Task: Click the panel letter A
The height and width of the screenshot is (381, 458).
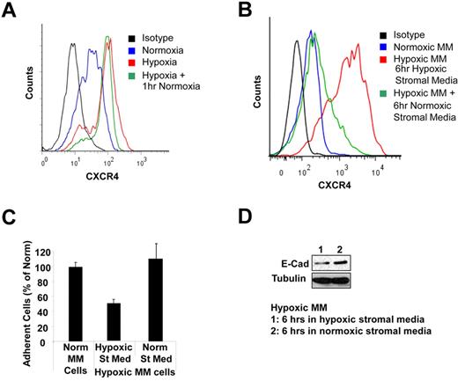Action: pos(11,10)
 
